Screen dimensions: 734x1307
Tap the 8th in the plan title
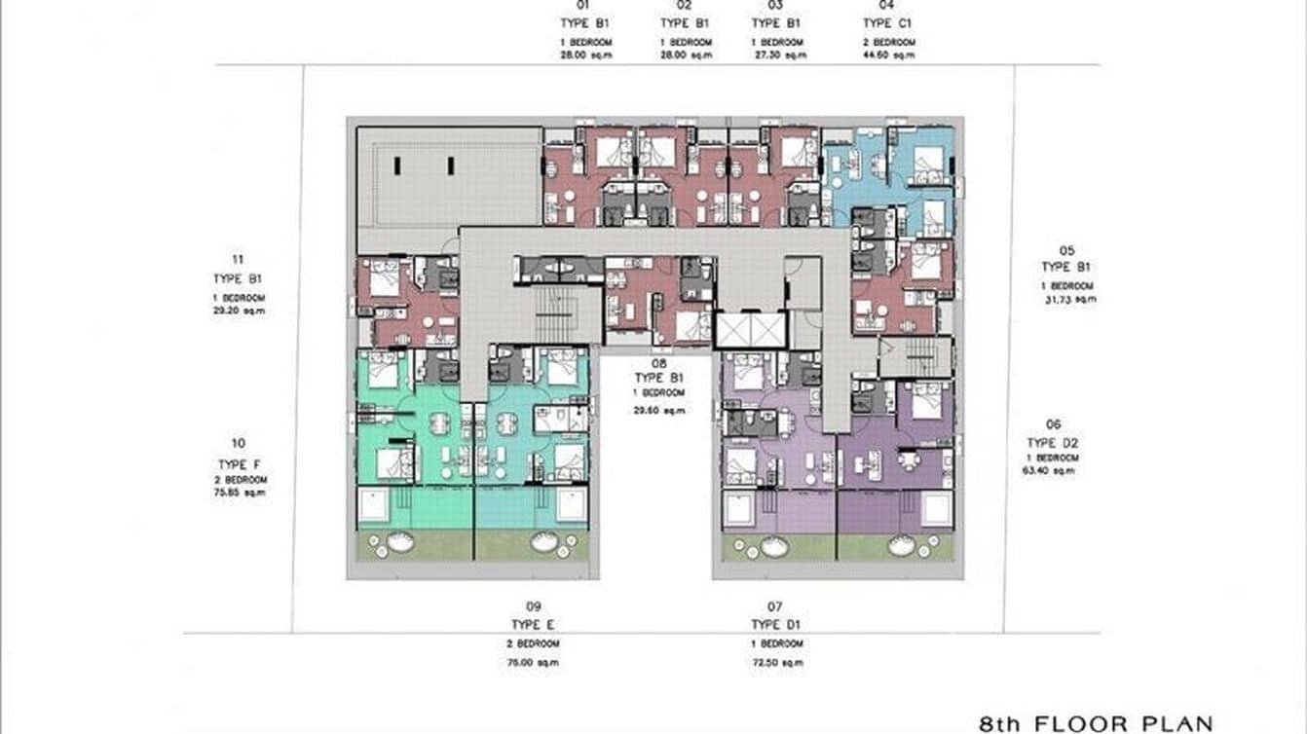(x=999, y=723)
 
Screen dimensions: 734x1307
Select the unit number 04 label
(x=877, y=6)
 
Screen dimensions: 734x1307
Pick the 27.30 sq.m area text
(x=781, y=55)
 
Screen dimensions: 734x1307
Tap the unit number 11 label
(x=238, y=259)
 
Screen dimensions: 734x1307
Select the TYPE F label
(x=238, y=464)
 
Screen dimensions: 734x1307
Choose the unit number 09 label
(x=532, y=606)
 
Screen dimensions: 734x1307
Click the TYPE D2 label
(x=1052, y=443)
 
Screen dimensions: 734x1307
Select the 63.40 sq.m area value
(x=1053, y=471)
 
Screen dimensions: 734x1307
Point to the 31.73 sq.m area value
(x=1070, y=299)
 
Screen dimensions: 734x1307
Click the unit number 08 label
(x=658, y=362)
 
